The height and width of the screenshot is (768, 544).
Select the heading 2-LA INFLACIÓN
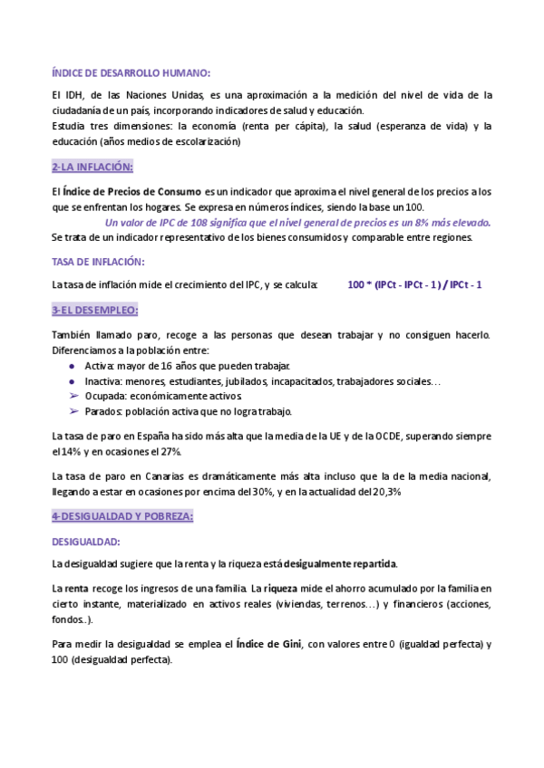[x=92, y=167]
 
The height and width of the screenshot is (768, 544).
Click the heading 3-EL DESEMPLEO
[x=95, y=311]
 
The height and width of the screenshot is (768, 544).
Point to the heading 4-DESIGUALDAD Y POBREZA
[x=123, y=516]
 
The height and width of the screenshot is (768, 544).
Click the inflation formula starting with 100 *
[x=414, y=284]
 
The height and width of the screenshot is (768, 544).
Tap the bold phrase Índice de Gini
[x=269, y=644]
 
